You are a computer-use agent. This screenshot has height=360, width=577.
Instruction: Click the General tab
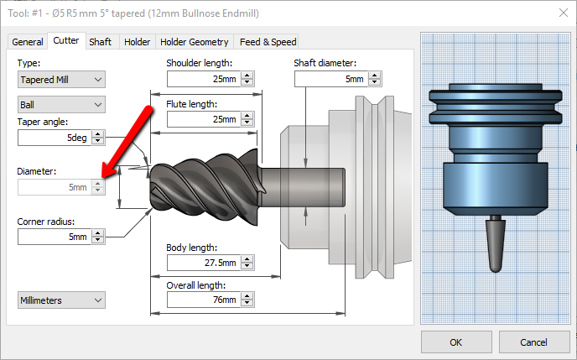click(28, 42)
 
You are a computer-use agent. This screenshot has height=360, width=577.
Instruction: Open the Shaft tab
click(100, 42)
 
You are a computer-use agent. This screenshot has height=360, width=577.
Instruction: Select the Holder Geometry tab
click(194, 42)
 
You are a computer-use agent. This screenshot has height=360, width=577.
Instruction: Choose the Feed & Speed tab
click(267, 42)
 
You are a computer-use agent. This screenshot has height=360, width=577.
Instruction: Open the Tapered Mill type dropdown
click(61, 80)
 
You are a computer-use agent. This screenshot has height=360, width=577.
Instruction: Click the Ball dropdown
click(61, 105)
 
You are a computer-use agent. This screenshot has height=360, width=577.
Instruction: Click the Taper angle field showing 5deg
click(54, 137)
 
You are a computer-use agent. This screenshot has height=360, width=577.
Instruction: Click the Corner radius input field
click(54, 237)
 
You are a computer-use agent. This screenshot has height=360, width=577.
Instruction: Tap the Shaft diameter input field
click(330, 79)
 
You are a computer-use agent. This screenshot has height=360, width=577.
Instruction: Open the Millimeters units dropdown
click(61, 300)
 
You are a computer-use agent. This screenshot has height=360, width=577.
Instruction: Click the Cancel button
click(533, 342)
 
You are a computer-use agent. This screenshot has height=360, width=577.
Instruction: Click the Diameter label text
click(37, 171)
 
